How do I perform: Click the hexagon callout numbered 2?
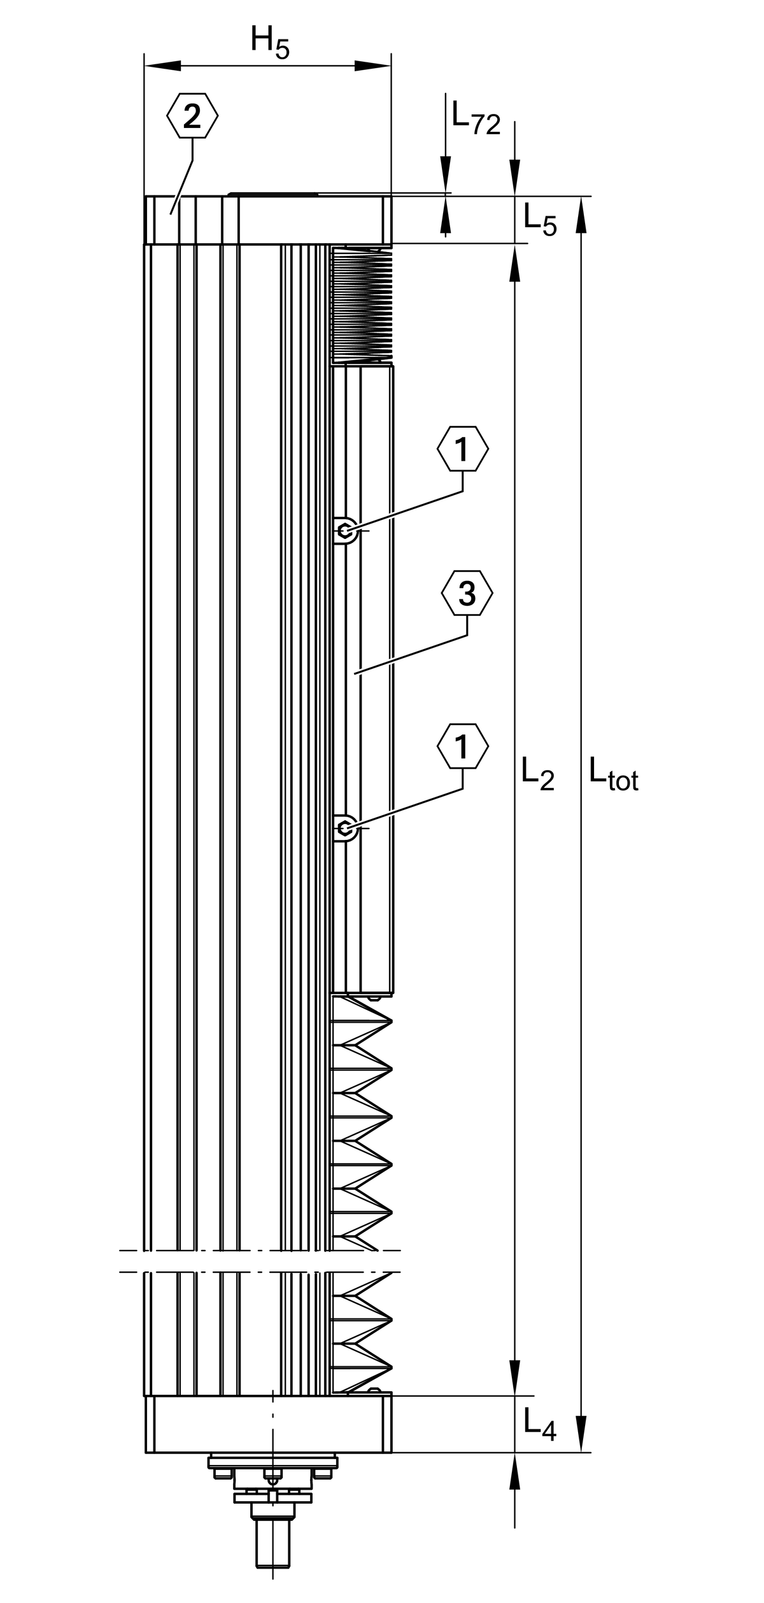192,115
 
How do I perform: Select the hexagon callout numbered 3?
467,592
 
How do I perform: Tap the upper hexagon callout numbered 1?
463,449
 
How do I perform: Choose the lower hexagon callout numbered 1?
463,746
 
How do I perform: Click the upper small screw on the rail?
344,530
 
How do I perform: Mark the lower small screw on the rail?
344,828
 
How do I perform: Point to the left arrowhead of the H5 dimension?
162,66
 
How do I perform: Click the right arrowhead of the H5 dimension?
372,66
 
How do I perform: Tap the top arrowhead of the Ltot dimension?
581,215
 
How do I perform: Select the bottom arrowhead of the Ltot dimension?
581,1434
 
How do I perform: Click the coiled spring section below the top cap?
362,304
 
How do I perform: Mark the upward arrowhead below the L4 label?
515,1471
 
